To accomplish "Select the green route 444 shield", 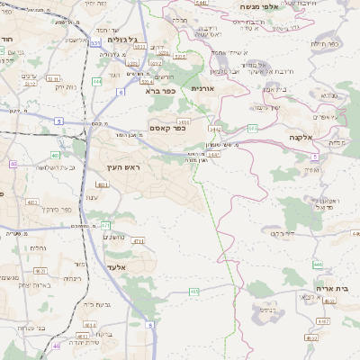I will tap(96, 81).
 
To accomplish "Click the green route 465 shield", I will tap(193, 292).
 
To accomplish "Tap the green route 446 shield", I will tap(318, 265).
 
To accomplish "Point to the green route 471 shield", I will tap(105, 225).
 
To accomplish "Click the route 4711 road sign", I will tap(138, 241).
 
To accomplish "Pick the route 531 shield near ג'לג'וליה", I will tap(96, 42).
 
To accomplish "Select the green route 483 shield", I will tap(55, 156).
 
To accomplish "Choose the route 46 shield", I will tap(56, 346).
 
